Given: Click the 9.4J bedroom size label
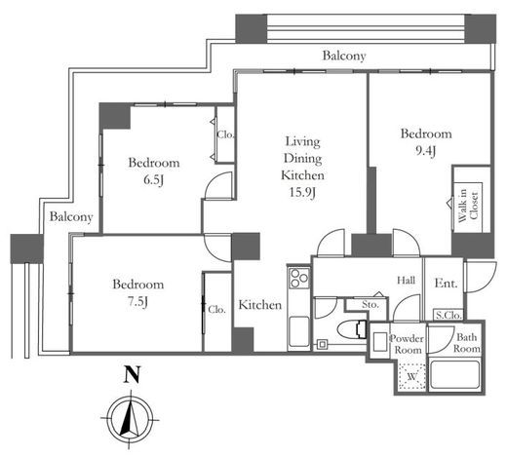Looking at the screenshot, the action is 426,151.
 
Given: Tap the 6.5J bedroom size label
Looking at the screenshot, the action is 153,179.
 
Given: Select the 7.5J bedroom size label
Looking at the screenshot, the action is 138,302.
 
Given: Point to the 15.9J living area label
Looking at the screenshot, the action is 302,192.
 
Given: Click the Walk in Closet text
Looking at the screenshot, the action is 468,206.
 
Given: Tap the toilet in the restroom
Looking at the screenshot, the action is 352,330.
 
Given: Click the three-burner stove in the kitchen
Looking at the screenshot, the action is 298,278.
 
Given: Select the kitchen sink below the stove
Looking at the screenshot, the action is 298,330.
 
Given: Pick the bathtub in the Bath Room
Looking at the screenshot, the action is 454,375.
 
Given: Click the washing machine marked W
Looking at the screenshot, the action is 411,376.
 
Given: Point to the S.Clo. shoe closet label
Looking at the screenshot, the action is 448,315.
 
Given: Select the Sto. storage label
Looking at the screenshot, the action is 370,305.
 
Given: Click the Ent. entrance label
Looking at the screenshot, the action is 446,284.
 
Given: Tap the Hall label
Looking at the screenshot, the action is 407,280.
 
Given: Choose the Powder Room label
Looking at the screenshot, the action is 407,344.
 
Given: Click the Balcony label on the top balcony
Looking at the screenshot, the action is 344,56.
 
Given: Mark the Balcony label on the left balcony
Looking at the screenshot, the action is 71,216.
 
